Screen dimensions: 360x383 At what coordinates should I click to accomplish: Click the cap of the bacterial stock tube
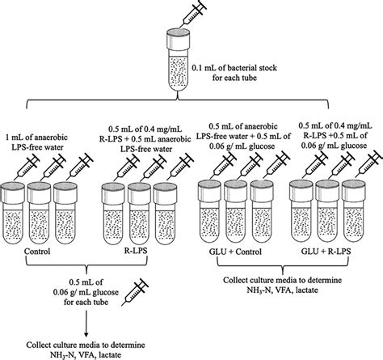pyautogui.click(x=180, y=36)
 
